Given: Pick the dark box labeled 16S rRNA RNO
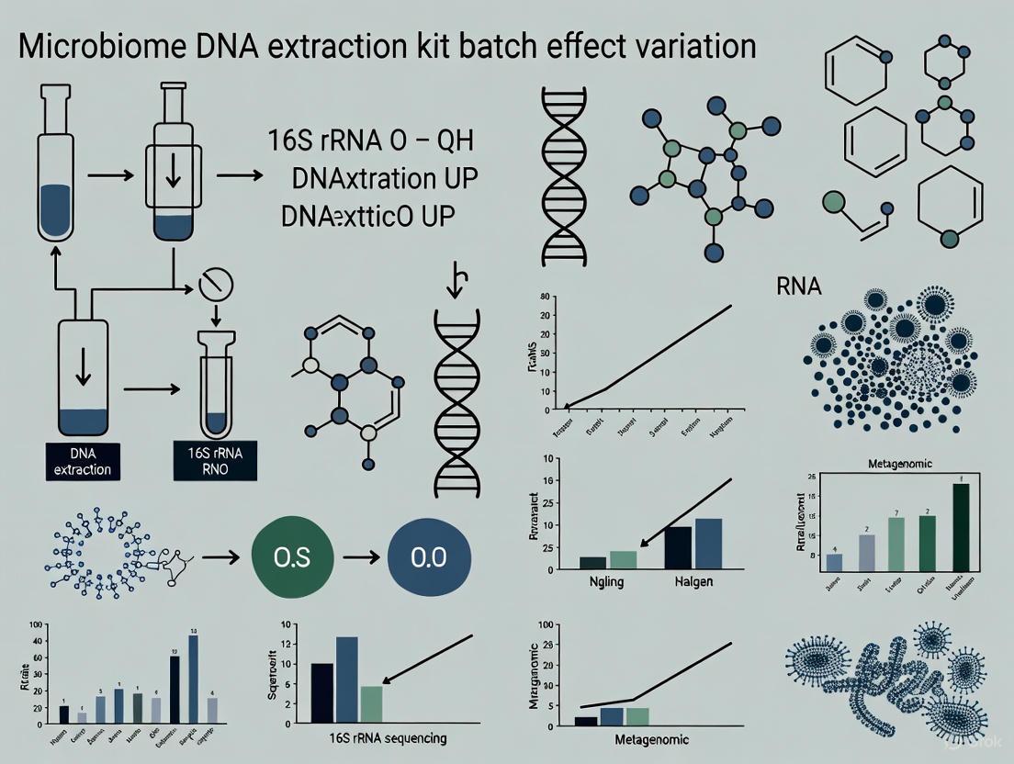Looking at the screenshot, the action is [215, 462].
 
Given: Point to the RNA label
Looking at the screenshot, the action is [799, 286].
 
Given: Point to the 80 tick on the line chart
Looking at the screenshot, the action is [545, 298].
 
